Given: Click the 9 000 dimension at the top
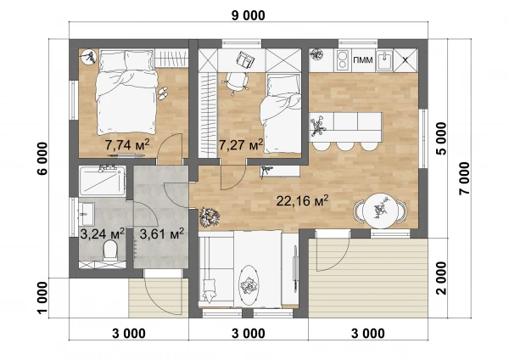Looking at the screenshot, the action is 248,15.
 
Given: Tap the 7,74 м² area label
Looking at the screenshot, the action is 127,144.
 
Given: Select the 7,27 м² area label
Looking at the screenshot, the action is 241,144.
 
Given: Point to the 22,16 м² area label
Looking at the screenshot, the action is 302,200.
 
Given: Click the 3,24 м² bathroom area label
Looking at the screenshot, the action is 103,233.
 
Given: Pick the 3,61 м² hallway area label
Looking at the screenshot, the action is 162,233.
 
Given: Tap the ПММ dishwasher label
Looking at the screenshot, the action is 363,60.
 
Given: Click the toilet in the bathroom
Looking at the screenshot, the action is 110,250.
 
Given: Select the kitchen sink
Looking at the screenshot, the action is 384,60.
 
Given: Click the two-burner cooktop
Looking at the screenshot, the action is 342,60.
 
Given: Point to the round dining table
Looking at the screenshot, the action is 380,211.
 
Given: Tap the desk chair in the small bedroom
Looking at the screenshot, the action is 237,82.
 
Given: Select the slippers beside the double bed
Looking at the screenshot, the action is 162,93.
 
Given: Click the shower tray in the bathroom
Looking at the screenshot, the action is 103,181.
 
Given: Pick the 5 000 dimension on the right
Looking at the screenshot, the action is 441,138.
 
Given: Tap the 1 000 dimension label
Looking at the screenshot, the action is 43,298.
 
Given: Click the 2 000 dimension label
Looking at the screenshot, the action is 441,278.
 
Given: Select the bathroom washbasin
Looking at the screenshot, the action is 87,214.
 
